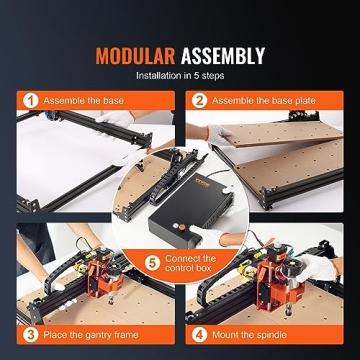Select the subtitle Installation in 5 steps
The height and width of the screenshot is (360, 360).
pos(180,75)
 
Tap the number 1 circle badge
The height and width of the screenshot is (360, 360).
pos(31,101)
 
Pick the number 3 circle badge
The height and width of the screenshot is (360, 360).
pos(31,334)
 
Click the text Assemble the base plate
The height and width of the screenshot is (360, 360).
pos(262,101)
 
